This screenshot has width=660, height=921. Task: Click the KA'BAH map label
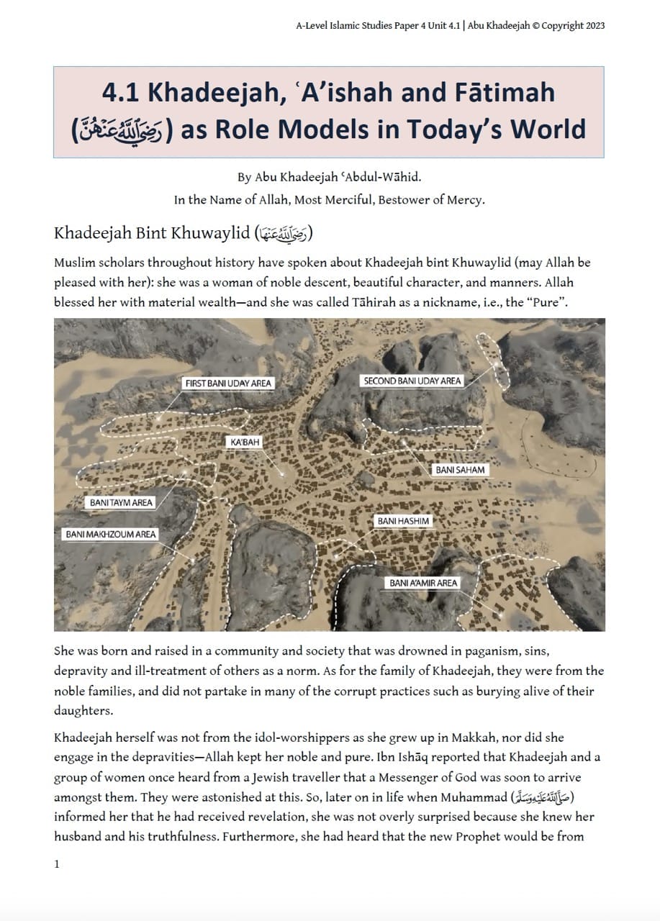click(x=241, y=441)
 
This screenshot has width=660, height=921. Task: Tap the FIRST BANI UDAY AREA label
click(x=228, y=383)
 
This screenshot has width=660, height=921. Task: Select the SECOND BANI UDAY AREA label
click(x=412, y=381)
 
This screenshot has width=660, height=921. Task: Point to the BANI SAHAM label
click(x=460, y=470)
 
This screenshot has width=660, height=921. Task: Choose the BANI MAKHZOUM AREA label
click(x=111, y=534)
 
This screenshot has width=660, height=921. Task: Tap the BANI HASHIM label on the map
click(x=403, y=521)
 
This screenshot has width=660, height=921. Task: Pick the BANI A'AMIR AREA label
click(x=423, y=583)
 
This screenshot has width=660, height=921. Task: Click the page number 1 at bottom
click(x=57, y=864)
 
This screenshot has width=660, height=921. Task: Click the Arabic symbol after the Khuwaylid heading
click(x=283, y=234)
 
